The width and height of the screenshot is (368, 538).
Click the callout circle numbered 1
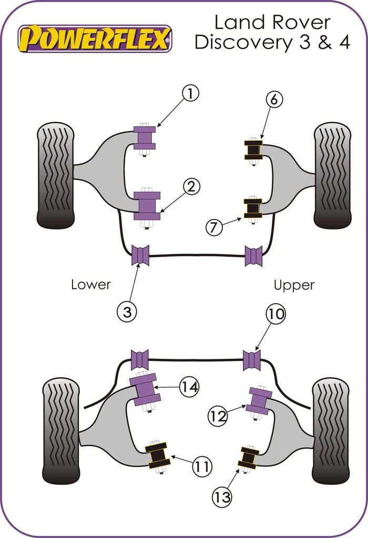tap(191, 94)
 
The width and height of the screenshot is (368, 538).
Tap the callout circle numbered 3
tap(126, 312)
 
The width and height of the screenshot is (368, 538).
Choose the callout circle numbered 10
tap(275, 314)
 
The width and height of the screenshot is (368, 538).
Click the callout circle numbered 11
tap(201, 465)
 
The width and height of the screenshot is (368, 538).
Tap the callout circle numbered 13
tap(223, 496)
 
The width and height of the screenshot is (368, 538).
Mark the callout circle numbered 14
tap(189, 387)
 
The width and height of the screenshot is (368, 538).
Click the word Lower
tap(91, 285)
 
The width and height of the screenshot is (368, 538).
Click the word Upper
tap(294, 285)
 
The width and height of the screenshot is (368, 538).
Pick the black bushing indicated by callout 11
tap(157, 456)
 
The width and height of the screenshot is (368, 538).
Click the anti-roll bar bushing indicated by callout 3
tap(140, 255)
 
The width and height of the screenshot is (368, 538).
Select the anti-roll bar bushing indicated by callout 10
tap(253, 360)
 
